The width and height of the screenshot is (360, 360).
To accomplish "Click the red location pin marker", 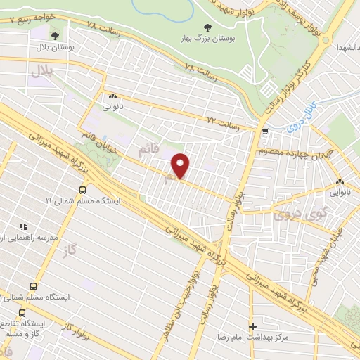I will coord(181,165).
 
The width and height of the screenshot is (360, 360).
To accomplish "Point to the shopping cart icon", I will coord(264,131).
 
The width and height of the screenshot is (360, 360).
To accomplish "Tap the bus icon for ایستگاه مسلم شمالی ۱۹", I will coord(83,189).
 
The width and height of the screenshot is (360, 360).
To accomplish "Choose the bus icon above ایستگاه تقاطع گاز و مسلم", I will coord(22,313).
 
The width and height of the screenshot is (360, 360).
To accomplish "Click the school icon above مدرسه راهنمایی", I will coord(23,226).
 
